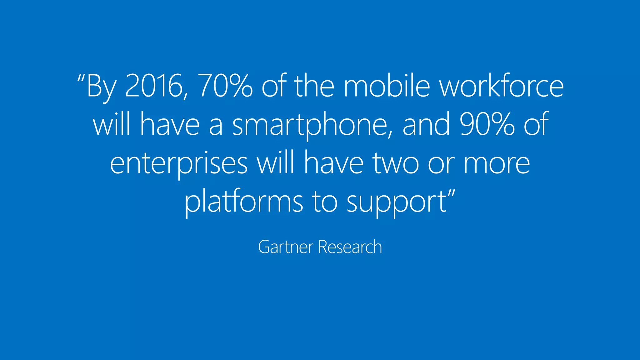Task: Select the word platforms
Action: click(x=244, y=202)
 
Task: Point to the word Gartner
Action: click(x=286, y=247)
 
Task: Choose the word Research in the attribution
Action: click(x=350, y=247)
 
